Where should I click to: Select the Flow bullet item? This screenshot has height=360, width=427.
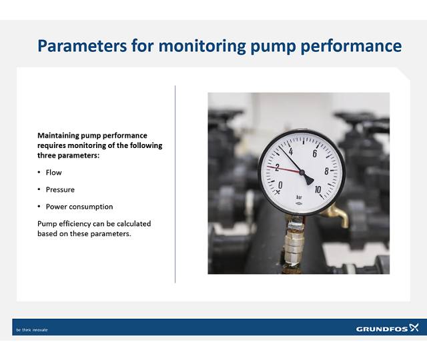[53, 173]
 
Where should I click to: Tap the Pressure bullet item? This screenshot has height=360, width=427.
[60, 190]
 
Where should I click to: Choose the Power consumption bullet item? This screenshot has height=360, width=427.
[79, 207]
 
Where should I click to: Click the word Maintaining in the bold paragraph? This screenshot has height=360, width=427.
[59, 135]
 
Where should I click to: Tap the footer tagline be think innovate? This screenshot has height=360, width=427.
[32, 330]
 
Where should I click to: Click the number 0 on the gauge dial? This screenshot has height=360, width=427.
[280, 185]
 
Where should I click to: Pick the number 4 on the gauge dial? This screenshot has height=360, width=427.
[291, 153]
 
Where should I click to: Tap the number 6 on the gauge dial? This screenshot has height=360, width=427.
[314, 153]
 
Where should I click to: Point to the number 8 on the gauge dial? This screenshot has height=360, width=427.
[326, 171]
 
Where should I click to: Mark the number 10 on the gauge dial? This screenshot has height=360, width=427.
[318, 189]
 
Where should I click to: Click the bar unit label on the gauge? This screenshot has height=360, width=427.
[298, 198]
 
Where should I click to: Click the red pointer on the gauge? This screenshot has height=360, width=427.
[284, 169]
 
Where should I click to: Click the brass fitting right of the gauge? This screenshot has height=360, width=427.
[338, 215]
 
